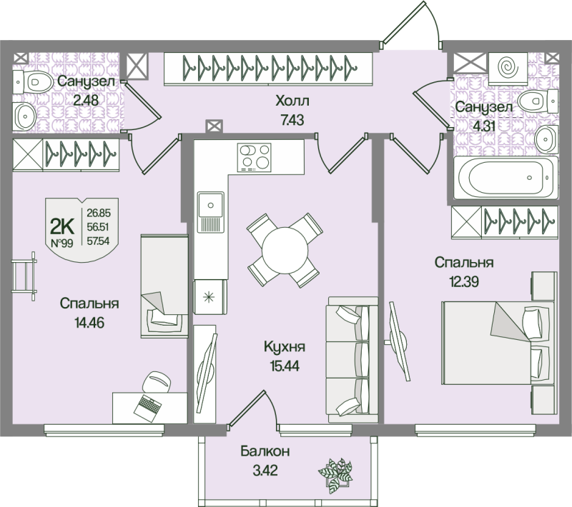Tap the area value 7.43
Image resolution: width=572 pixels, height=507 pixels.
(292, 120)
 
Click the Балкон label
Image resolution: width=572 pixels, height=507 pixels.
(265, 451)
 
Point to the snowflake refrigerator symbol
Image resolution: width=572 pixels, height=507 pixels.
(209, 298)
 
